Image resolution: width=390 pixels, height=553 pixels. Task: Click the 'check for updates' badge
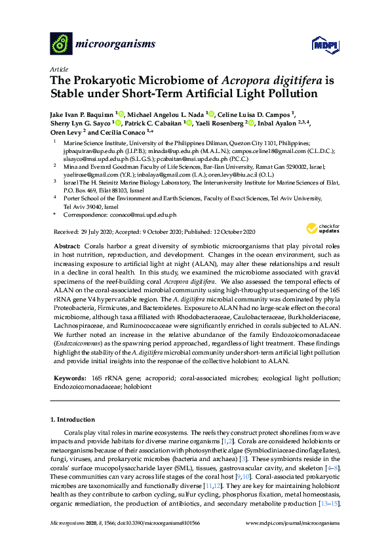[319, 228]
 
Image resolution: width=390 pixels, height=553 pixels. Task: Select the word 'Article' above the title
[59, 68]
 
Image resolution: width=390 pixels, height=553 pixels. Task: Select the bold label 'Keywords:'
[68, 379]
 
